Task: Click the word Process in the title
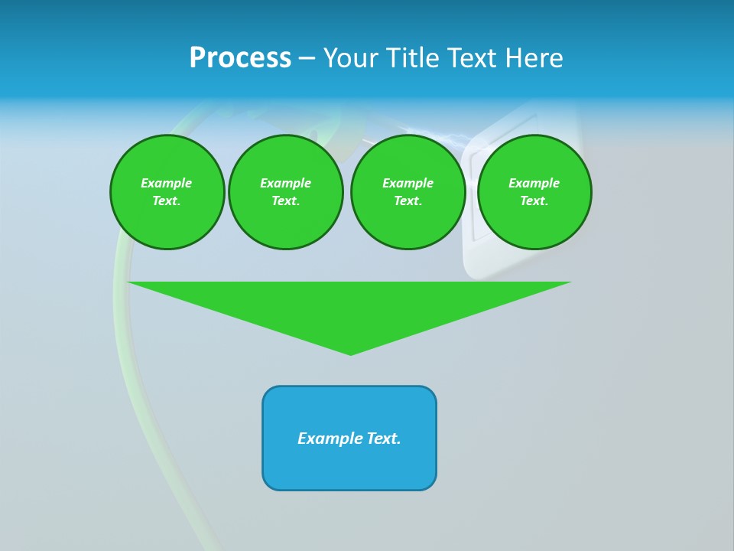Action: [240, 58]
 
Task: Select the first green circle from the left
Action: [167, 191]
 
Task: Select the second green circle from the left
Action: [285, 191]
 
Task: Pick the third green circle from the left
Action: [408, 191]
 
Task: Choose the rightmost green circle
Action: [534, 191]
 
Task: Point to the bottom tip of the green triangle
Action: [350, 354]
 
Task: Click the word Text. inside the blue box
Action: [383, 439]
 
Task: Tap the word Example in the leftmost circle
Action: [167, 183]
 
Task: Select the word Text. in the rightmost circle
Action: [534, 201]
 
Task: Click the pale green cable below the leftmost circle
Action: [122, 306]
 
